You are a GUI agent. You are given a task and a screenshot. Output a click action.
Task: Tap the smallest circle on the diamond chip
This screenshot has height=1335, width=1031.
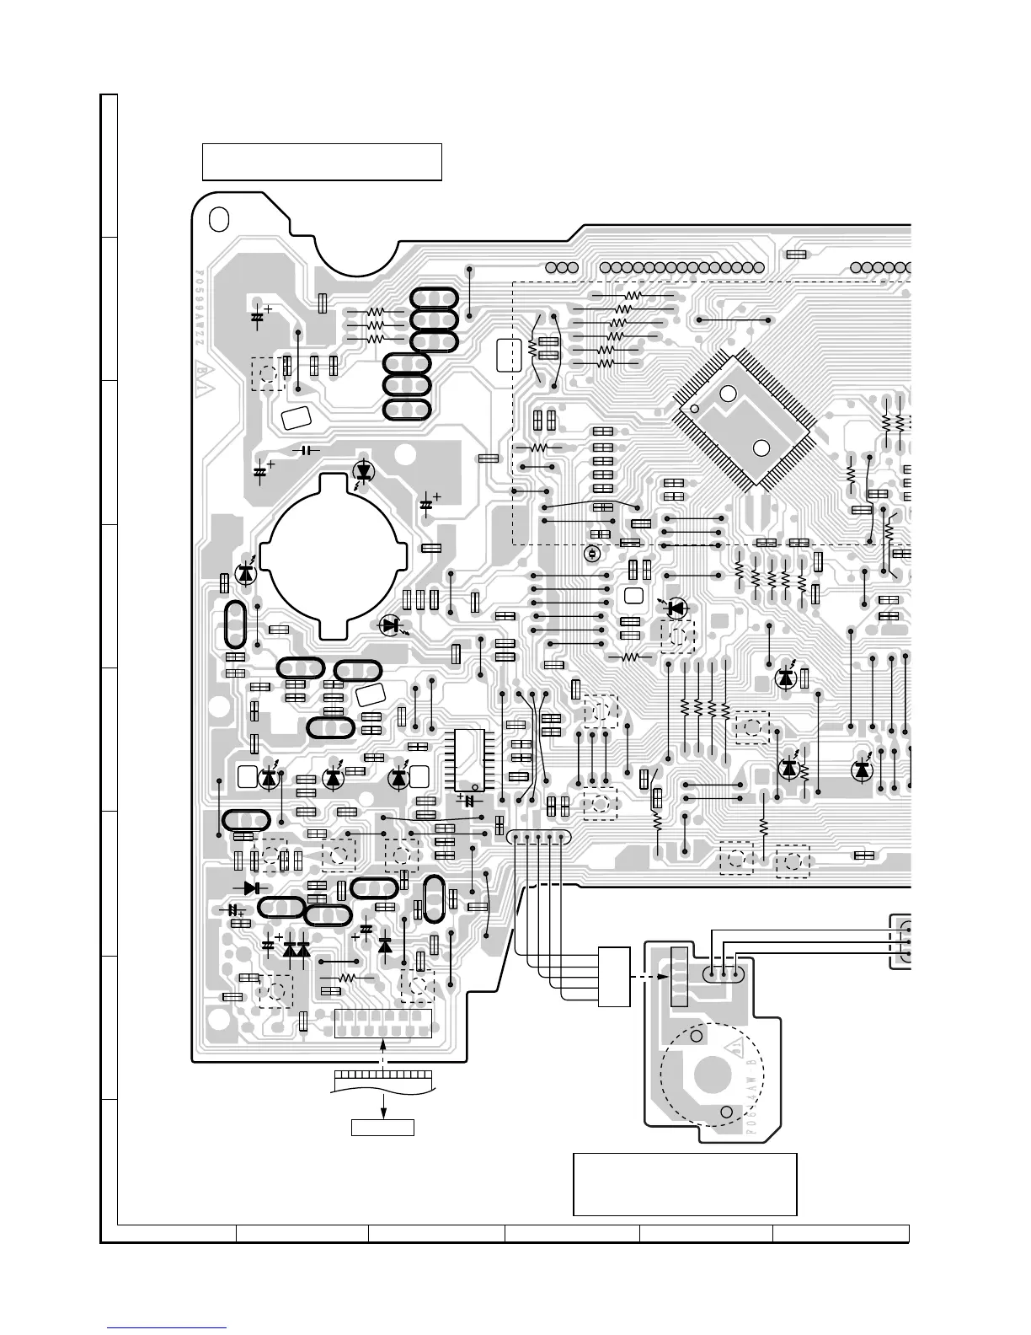[x=694, y=409]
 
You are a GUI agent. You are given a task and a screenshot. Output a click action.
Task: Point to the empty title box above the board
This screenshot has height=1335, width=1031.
[x=322, y=162]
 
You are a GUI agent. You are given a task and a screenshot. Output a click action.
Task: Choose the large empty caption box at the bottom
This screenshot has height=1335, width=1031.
[x=685, y=1184]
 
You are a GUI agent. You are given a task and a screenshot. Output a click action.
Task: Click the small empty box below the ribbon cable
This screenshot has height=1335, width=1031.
[x=382, y=1127]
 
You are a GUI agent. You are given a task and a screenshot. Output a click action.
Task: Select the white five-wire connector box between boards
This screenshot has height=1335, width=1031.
[x=613, y=977]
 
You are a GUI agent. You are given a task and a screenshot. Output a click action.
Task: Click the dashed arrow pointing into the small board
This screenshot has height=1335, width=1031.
[x=648, y=978]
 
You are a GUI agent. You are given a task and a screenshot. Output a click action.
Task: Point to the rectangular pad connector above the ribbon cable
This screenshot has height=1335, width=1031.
[x=383, y=1024]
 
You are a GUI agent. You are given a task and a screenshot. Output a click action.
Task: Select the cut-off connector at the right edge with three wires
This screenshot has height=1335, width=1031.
[x=902, y=941]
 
